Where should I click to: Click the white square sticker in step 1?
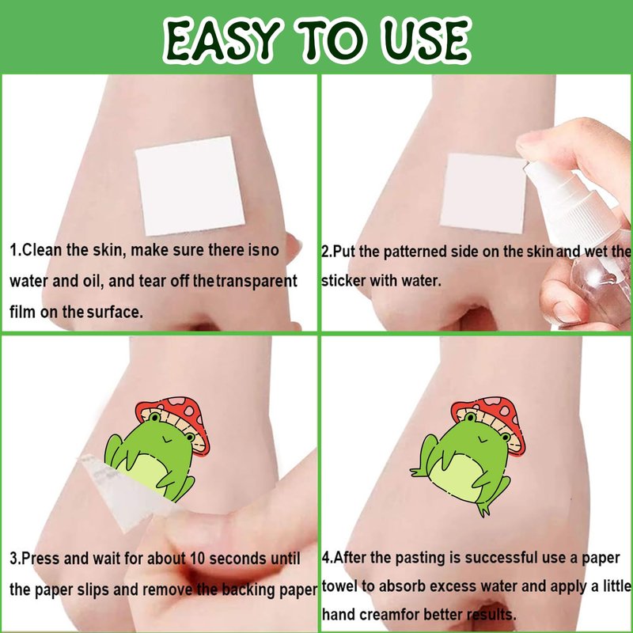click(190, 186)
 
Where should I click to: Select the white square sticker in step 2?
click(483, 193)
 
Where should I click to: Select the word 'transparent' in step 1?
click(256, 281)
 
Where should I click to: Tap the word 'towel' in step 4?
click(339, 586)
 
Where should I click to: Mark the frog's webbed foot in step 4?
click(484, 510)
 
